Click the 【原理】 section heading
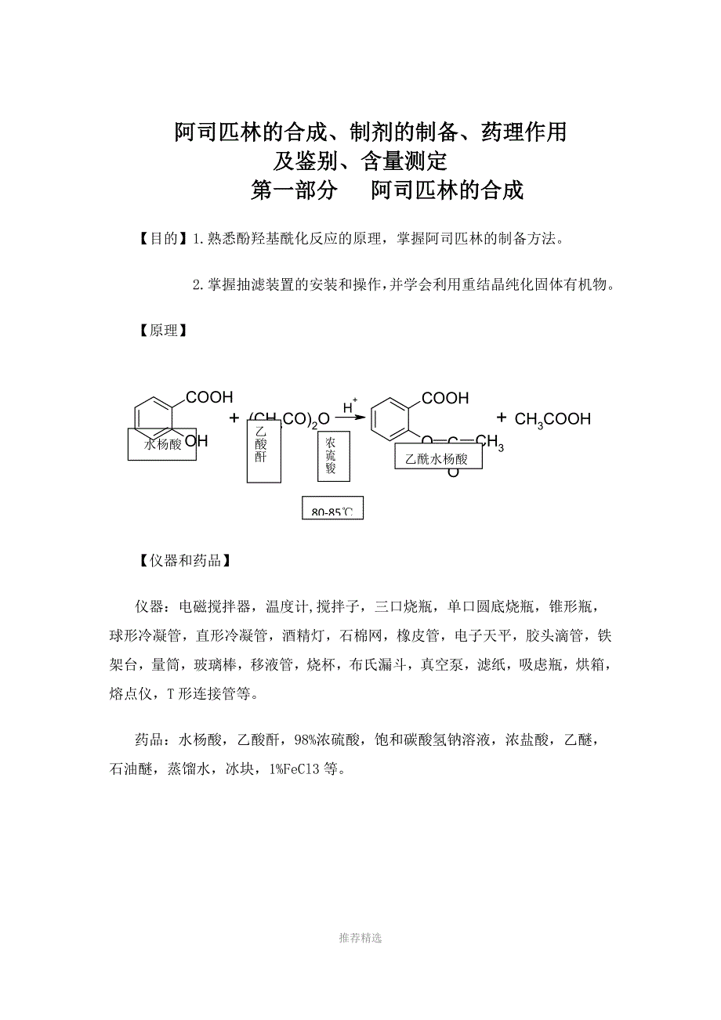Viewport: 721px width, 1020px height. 162,331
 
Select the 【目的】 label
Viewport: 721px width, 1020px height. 162,239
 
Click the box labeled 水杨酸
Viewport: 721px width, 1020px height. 163,444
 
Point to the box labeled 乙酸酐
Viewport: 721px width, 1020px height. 260,451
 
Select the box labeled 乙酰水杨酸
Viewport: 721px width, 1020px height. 438,458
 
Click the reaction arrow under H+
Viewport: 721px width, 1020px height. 350,418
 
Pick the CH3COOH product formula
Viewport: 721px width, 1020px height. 553,420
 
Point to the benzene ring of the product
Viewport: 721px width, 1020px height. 389,419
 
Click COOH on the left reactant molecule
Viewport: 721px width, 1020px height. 209,398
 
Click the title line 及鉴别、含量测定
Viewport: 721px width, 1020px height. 360,161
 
